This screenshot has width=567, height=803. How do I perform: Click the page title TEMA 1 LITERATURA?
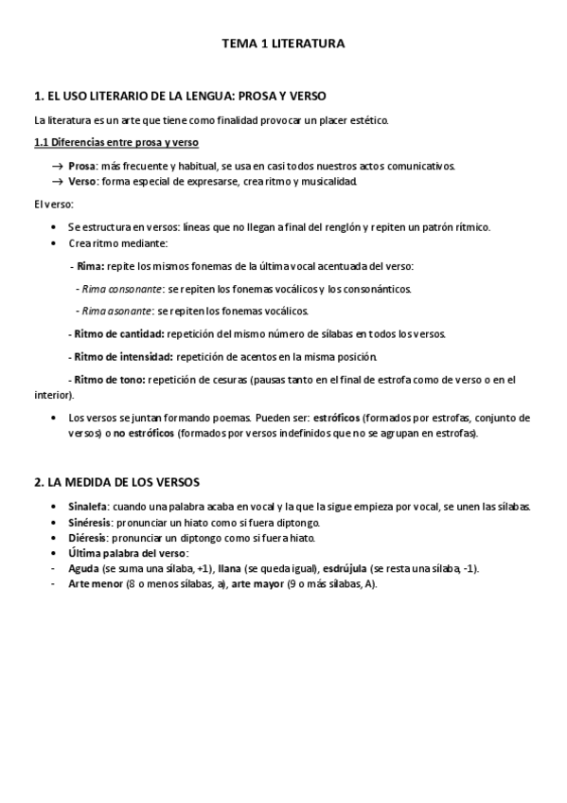[x=283, y=44]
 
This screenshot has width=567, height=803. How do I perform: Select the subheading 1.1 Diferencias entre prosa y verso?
[x=115, y=142]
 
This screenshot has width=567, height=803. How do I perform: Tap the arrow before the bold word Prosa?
[x=57, y=166]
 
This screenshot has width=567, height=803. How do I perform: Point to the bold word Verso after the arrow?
[x=82, y=181]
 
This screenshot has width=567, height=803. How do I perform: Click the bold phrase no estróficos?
[x=144, y=433]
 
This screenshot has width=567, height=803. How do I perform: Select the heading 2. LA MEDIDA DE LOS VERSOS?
[x=116, y=482]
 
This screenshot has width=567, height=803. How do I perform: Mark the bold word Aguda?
[x=85, y=568]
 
